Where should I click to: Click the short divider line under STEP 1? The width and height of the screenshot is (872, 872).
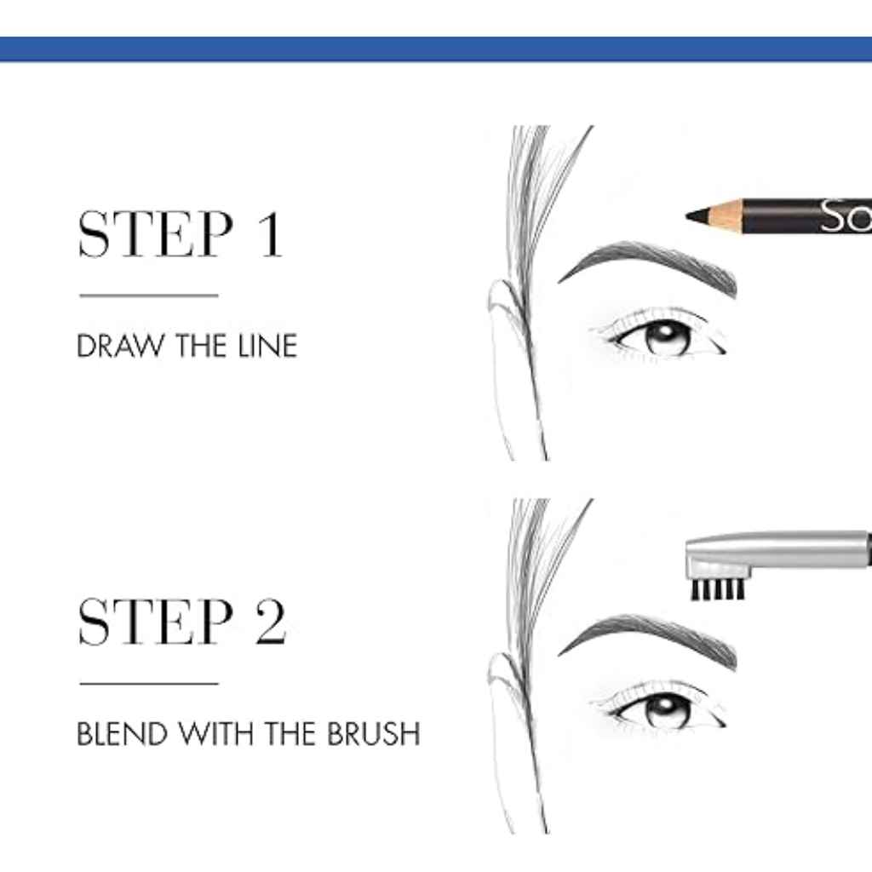(x=149, y=295)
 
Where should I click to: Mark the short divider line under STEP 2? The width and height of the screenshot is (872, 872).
(x=149, y=683)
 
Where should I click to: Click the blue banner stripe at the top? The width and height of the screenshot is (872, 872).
(x=436, y=49)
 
